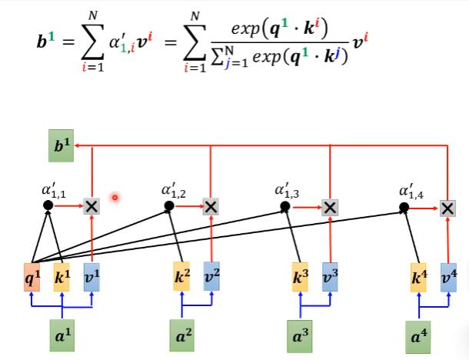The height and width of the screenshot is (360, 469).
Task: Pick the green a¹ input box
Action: tap(62, 335)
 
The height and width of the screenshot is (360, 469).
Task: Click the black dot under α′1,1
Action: tap(48, 205)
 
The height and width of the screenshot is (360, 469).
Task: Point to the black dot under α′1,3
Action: tap(285, 206)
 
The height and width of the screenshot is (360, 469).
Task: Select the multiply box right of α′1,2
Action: tap(211, 206)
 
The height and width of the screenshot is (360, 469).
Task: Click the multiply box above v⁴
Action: tap(448, 207)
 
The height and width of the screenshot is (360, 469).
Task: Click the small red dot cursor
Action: tap(115, 198)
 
